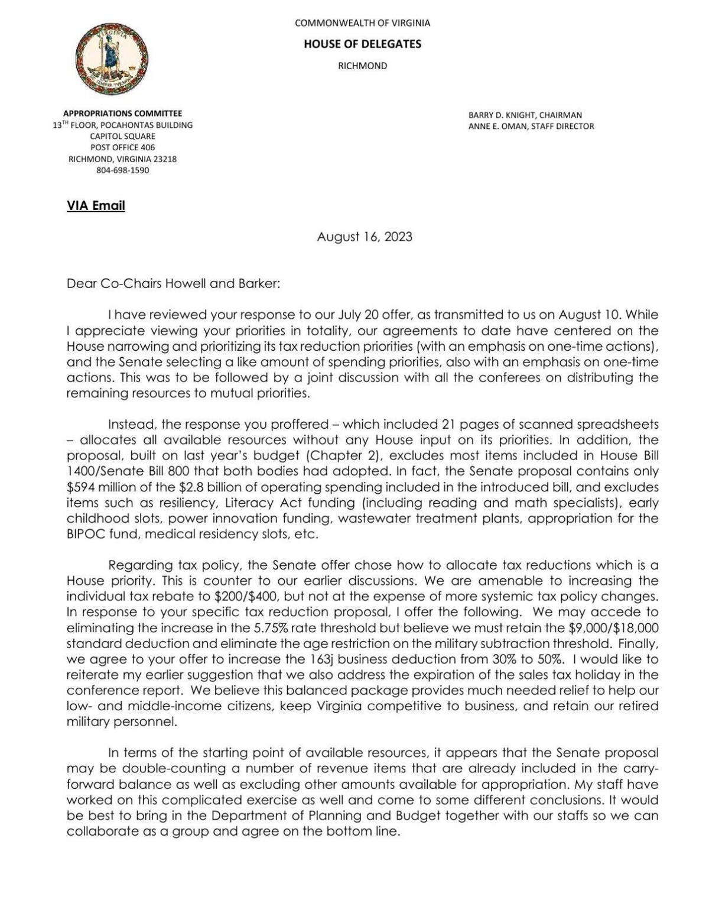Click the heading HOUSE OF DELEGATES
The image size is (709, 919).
[x=362, y=44]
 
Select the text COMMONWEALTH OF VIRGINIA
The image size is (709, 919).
[x=362, y=23]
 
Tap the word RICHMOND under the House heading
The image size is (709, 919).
[x=362, y=66]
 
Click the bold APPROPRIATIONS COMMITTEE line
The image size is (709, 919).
[x=122, y=114]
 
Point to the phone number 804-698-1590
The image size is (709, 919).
[x=122, y=170]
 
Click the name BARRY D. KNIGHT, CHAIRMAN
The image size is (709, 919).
[x=525, y=115]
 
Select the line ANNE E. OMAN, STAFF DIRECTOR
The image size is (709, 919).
[x=531, y=127]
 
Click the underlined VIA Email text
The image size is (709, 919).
[x=96, y=206]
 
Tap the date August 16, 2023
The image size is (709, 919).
[x=365, y=237]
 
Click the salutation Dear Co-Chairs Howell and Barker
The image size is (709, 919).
[x=173, y=283]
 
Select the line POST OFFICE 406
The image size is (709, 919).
[x=122, y=148]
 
